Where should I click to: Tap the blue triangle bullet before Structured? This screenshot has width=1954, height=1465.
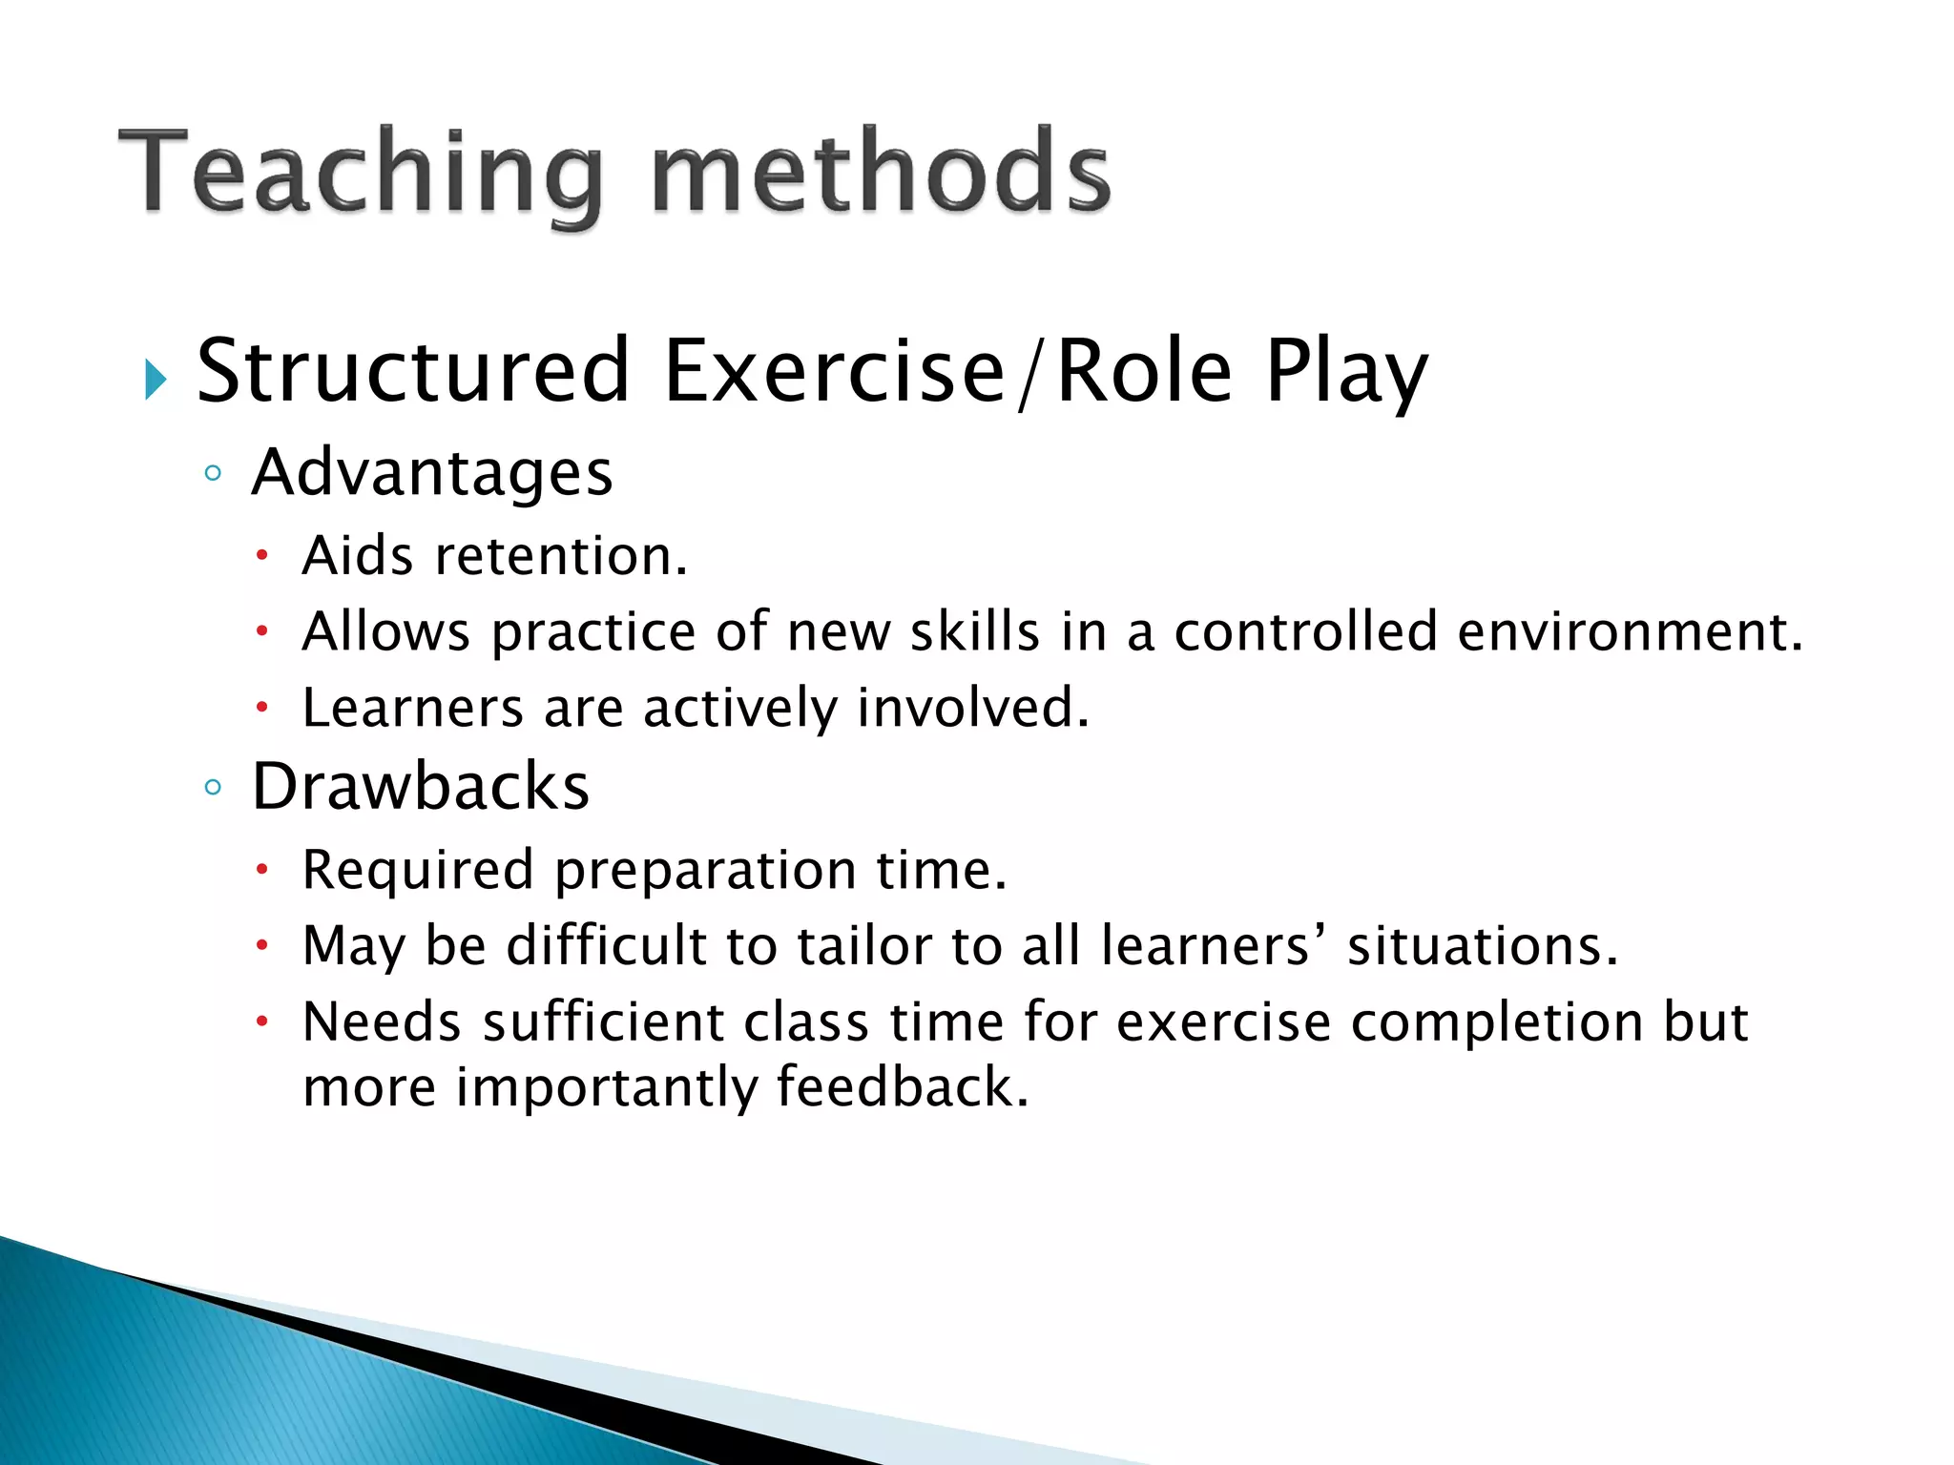click(156, 381)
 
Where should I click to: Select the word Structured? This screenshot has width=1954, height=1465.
click(412, 371)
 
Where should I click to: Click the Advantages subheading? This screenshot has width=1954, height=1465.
click(431, 473)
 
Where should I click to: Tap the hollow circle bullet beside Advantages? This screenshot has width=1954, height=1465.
click(213, 473)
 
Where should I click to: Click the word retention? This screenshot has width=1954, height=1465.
click(560, 556)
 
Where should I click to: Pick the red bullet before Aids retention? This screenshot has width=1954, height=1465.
click(262, 556)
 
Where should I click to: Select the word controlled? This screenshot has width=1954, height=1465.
click(1305, 632)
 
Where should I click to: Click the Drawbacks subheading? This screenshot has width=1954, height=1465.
click(420, 788)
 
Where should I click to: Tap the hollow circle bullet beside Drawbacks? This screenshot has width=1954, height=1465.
click(213, 788)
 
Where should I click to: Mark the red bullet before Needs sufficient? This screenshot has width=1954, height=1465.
click(262, 1022)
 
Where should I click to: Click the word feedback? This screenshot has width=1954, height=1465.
click(902, 1087)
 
